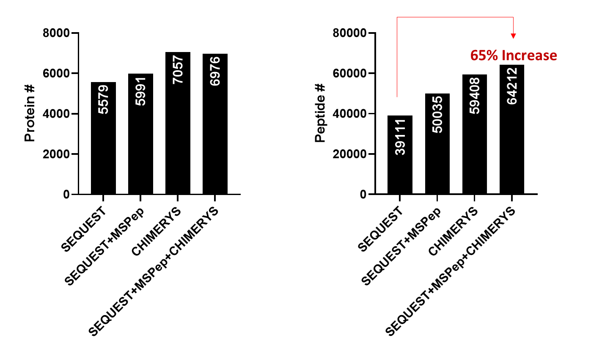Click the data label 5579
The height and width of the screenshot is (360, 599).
(x=103, y=99)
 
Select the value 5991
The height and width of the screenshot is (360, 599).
(x=140, y=91)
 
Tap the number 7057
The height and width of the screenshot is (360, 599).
(x=178, y=70)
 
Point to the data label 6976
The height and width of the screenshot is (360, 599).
(x=215, y=71)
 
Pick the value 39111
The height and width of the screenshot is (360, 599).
(x=400, y=137)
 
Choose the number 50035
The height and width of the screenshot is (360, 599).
(x=437, y=114)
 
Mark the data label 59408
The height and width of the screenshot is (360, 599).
(x=475, y=96)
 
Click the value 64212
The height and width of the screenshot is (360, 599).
(x=512, y=86)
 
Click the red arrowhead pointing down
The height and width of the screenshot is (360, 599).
(x=514, y=36)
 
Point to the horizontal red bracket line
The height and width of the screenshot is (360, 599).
(x=455, y=17)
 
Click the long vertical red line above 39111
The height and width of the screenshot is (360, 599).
(x=397, y=57)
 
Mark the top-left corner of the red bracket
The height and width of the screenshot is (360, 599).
(x=397, y=17)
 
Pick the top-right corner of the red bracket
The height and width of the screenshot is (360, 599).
(x=514, y=17)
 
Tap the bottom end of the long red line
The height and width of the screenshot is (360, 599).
(x=397, y=97)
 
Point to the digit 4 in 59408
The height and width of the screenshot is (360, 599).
(x=475, y=98)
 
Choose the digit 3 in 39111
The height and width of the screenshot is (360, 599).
(x=400, y=151)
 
